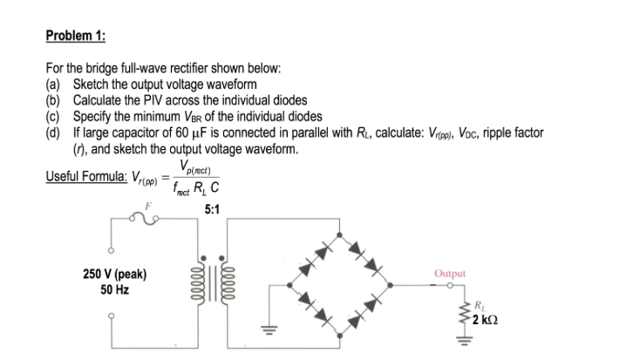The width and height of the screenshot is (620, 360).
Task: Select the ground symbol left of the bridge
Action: click(x=262, y=329)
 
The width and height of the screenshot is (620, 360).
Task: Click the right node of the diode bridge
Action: click(x=398, y=285)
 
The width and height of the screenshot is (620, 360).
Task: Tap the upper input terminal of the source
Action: click(x=111, y=246)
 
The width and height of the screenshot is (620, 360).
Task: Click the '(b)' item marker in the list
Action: click(x=53, y=99)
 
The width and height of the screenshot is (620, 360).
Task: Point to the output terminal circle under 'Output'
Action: click(x=451, y=285)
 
